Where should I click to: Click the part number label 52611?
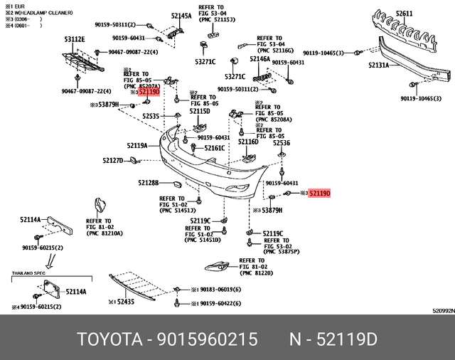(404, 14)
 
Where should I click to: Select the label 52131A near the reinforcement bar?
(378, 65)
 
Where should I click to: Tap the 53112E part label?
(74, 40)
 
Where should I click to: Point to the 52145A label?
(181, 15)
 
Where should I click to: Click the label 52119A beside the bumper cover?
(137, 146)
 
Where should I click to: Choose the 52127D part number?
(112, 161)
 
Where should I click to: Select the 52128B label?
(148, 183)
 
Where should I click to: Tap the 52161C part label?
(214, 148)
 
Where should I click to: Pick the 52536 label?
(282, 143)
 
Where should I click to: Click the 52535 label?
(150, 116)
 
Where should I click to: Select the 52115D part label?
(199, 112)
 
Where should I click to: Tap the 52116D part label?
(247, 142)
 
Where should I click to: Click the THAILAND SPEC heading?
(28, 272)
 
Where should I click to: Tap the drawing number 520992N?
(440, 311)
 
